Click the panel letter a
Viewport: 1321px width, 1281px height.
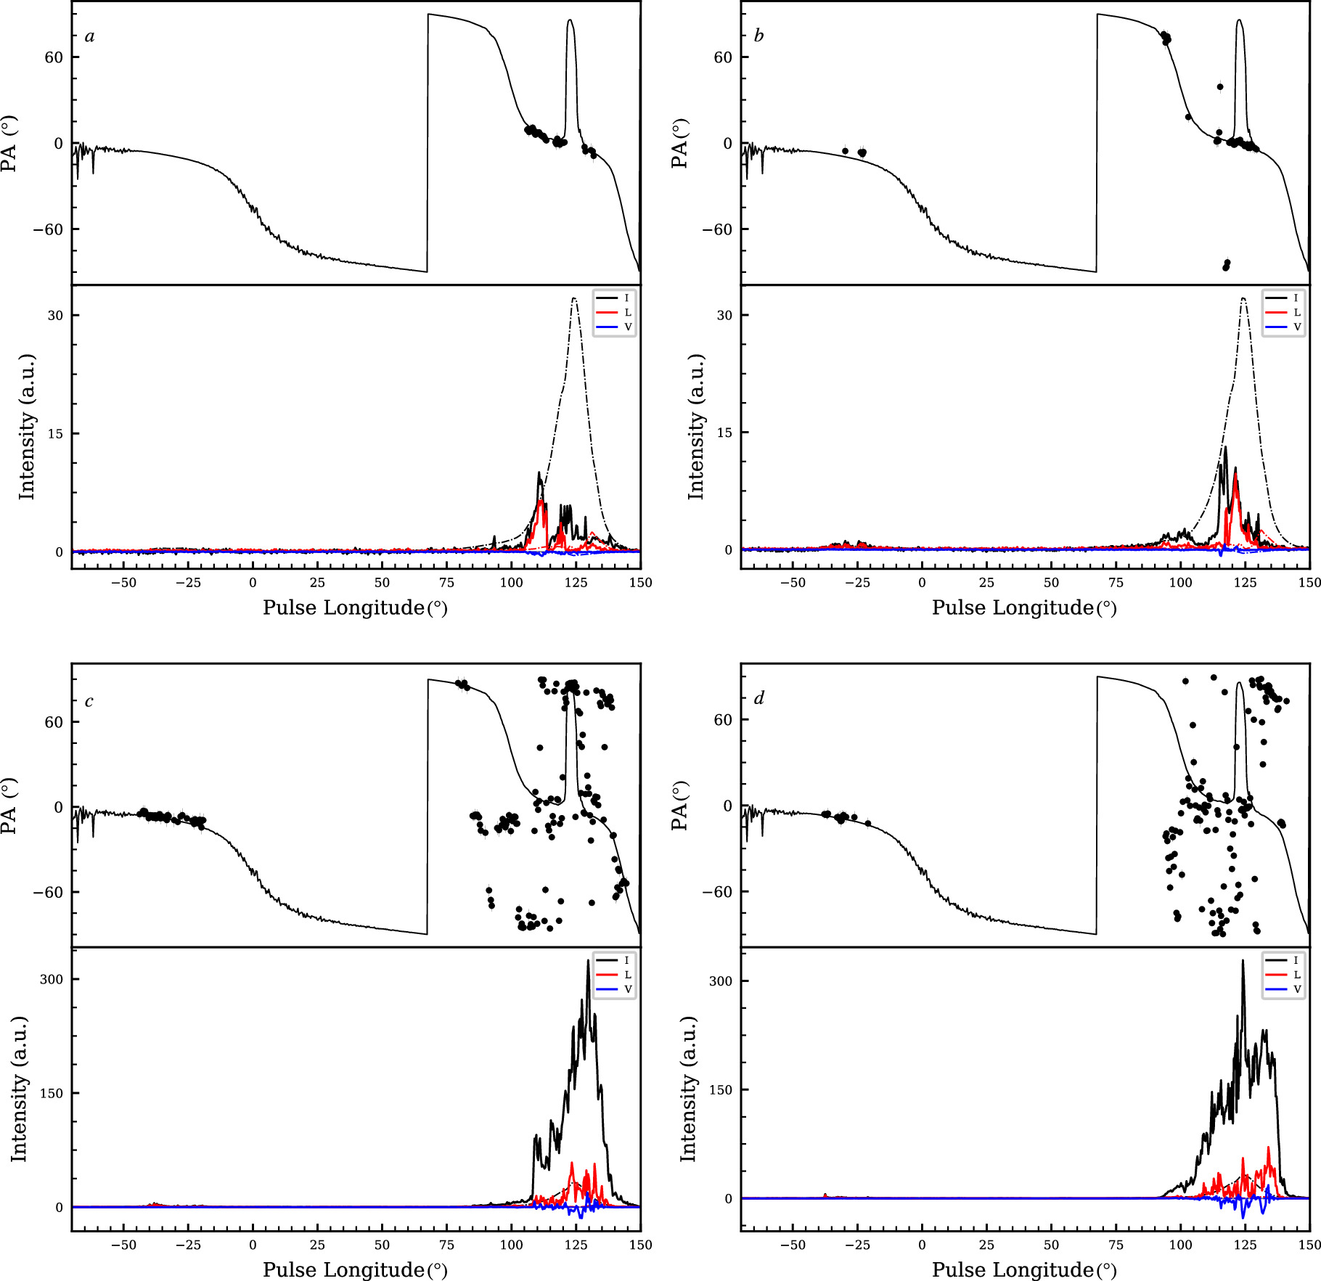pyautogui.click(x=89, y=37)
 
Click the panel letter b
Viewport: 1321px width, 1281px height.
pyautogui.click(x=758, y=36)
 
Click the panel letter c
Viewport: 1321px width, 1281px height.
pyautogui.click(x=89, y=702)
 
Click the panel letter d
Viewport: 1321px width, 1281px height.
pyautogui.click(x=758, y=699)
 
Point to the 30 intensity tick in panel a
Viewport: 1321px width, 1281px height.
pyautogui.click(x=55, y=316)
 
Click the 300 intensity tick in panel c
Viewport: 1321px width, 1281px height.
pyautogui.click(x=52, y=979)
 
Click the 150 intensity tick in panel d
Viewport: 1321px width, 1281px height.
pyautogui.click(x=721, y=1089)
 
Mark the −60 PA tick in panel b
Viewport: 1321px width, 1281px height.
pyautogui.click(x=716, y=229)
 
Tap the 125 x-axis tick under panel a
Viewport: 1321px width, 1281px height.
pyautogui.click(x=576, y=583)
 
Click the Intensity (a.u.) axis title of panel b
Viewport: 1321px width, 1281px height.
pyautogui.click(x=696, y=427)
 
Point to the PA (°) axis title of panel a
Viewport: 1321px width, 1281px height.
pyautogui.click(x=9, y=143)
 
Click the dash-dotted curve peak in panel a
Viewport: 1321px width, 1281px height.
pyautogui.click(x=574, y=298)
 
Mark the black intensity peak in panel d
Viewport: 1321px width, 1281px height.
pyautogui.click(x=1243, y=961)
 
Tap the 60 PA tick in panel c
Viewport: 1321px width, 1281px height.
pyautogui.click(x=54, y=722)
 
